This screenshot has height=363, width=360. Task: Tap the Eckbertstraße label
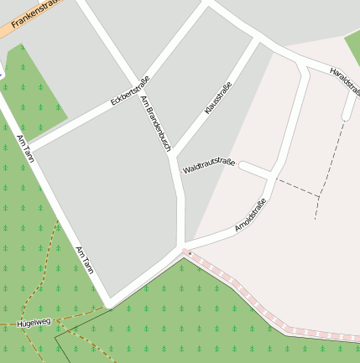(129, 91)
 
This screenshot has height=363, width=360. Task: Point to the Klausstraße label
(218, 97)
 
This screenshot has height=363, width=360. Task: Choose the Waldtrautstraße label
(209, 165)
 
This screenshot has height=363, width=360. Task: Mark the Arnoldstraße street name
(250, 214)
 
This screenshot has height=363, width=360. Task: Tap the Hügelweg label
(34, 320)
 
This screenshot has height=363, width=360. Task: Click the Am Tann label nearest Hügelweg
(85, 260)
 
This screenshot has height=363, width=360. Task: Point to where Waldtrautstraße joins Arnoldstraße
(272, 175)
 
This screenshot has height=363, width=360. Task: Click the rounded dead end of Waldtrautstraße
(242, 166)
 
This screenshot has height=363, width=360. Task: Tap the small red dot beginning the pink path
(190, 252)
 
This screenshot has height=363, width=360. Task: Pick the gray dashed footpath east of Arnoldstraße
(299, 188)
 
